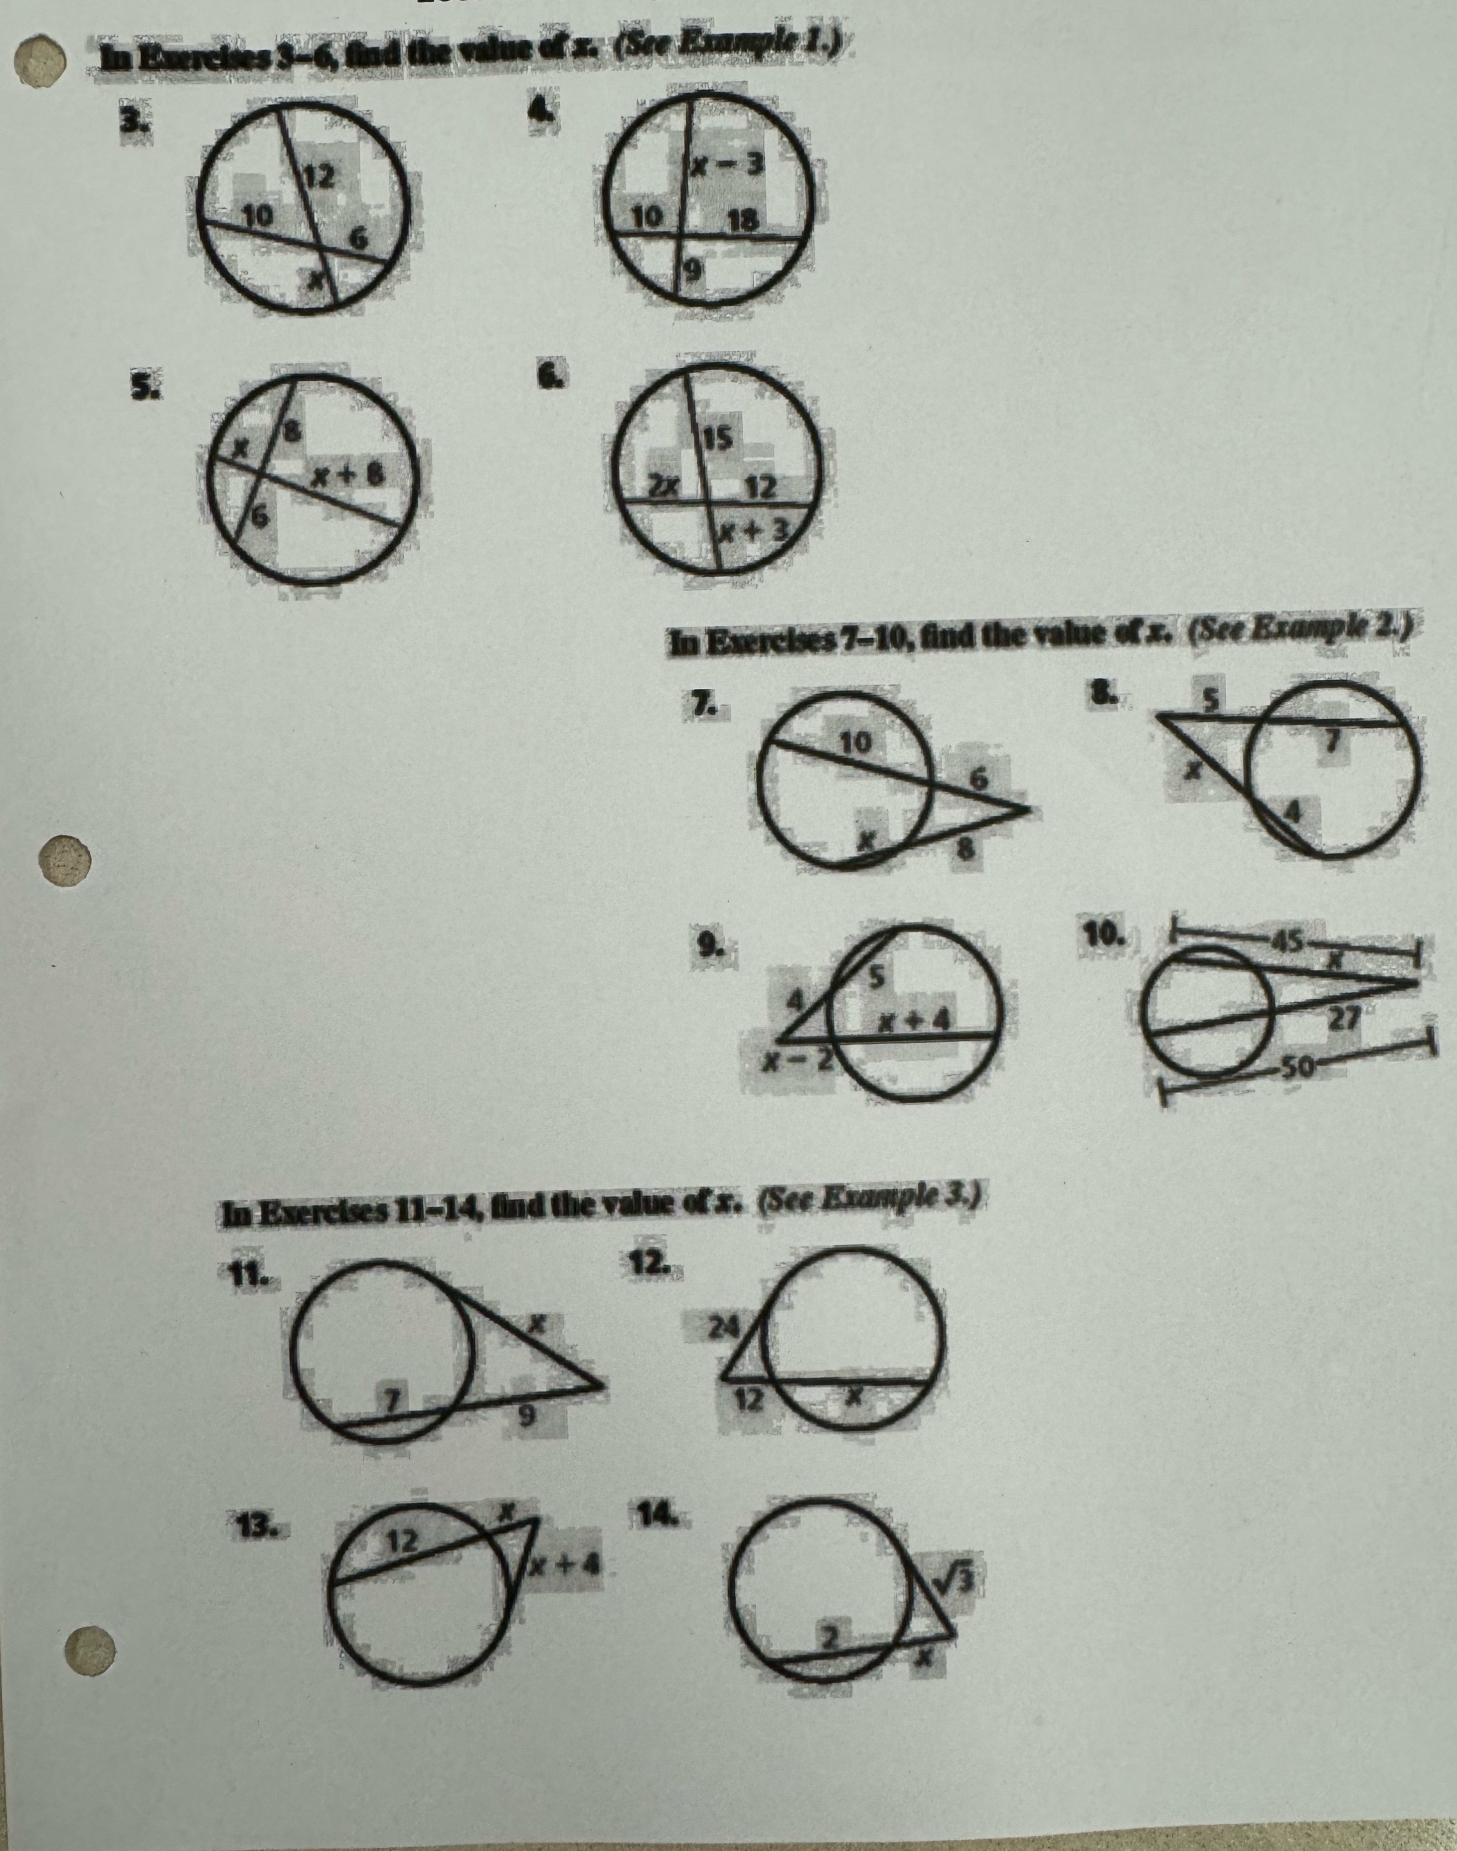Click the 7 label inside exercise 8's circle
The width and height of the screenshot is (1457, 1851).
1328,743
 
